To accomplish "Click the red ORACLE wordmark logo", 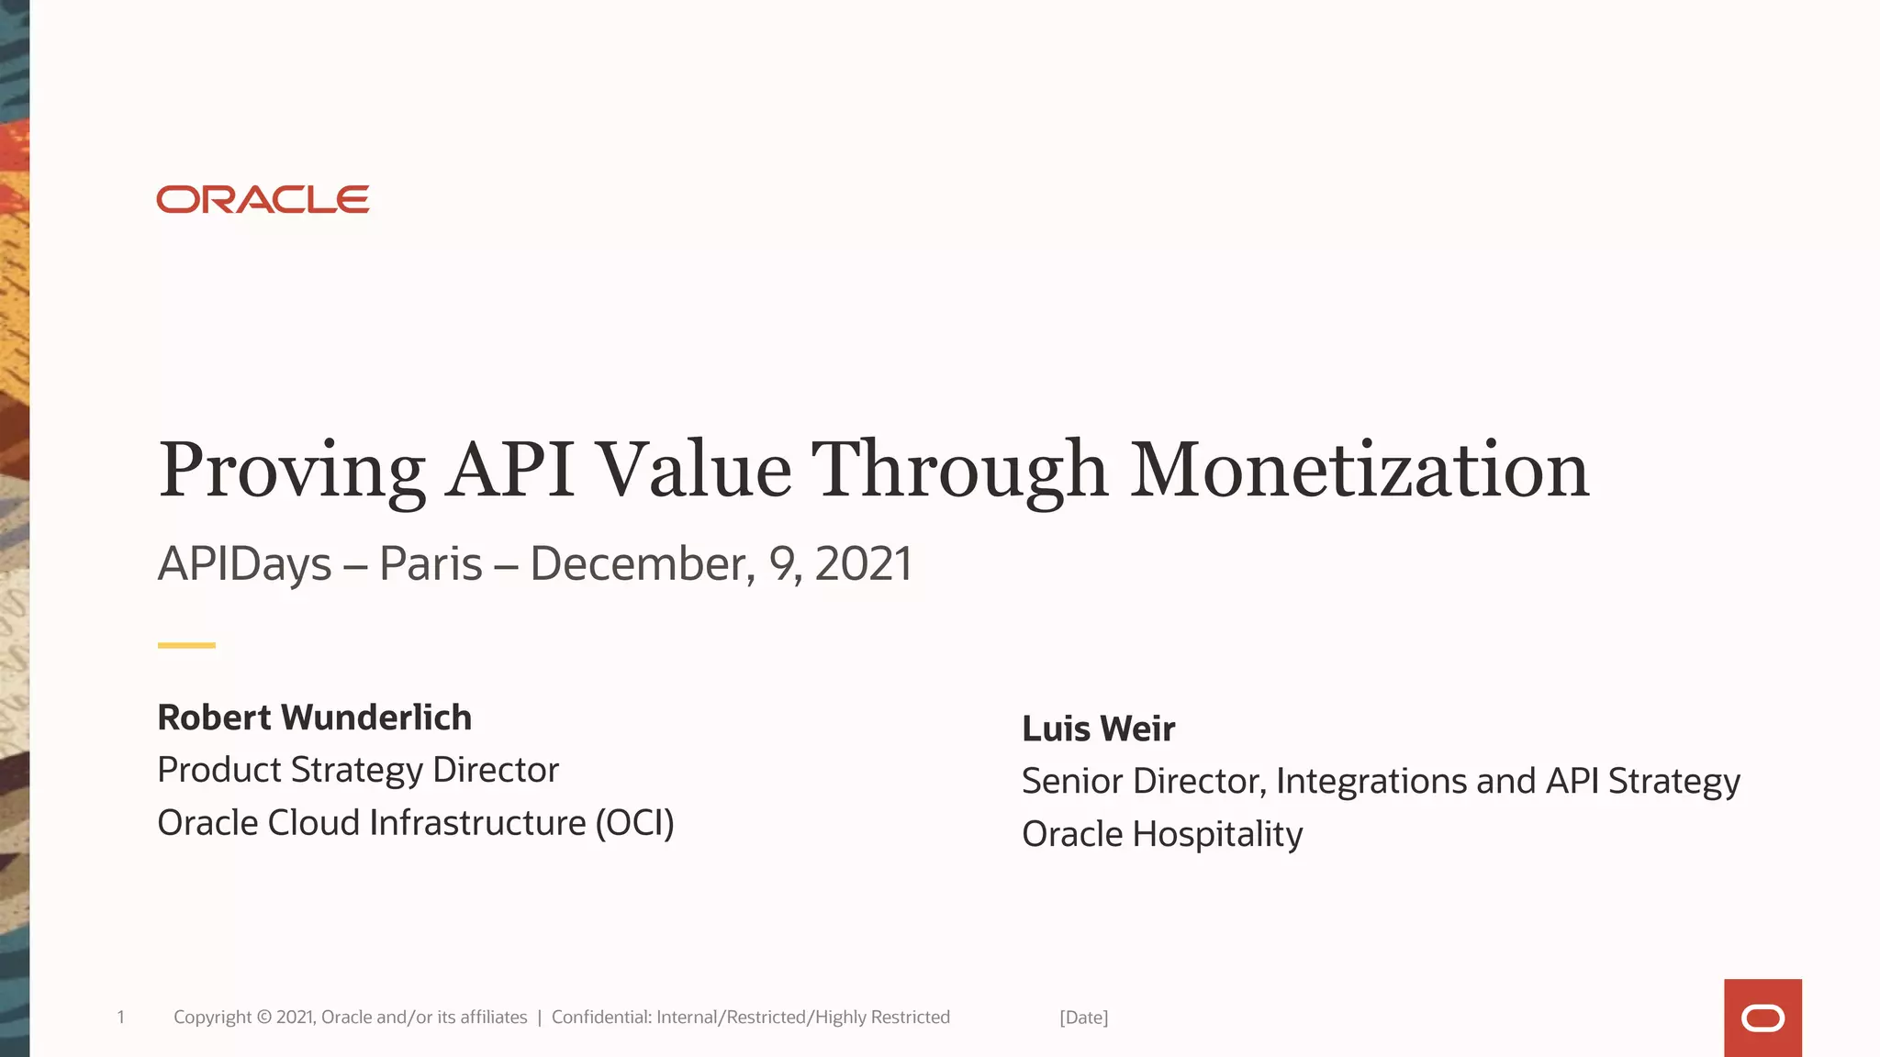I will click(263, 199).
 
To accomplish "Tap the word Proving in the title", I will click(292, 471).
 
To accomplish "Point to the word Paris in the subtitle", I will click(431, 563).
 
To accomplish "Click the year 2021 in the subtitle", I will click(863, 563).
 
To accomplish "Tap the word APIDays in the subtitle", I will click(244, 564).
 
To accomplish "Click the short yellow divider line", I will click(186, 645).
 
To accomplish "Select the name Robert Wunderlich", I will click(314, 718).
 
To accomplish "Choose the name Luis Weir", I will click(1098, 729).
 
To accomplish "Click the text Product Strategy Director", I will click(358, 770).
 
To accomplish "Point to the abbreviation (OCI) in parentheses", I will click(634, 823).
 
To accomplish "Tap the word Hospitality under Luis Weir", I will click(1217, 834).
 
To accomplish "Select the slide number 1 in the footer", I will click(120, 1017).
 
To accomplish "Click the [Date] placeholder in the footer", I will click(1083, 1018).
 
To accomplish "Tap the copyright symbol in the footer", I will click(264, 1017).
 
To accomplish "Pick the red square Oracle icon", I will click(1762, 1018).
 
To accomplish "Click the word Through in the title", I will click(959, 471).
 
